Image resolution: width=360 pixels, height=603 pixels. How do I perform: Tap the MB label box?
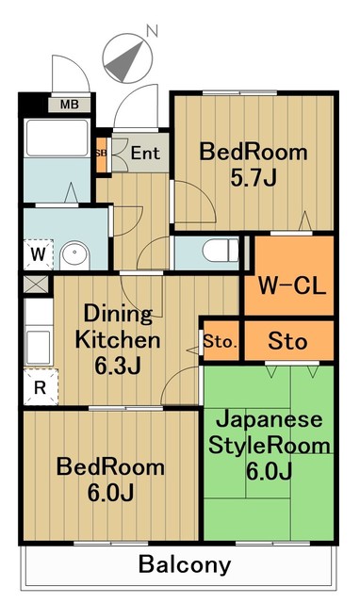click(70, 104)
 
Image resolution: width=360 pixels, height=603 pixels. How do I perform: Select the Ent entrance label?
click(145, 153)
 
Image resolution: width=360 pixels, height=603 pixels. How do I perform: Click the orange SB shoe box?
click(102, 153)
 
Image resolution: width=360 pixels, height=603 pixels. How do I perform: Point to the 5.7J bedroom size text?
click(252, 176)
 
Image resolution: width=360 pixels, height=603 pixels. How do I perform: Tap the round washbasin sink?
click(73, 254)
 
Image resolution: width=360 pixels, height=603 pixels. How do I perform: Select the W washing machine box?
click(38, 253)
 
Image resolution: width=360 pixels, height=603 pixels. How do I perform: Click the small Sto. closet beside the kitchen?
click(220, 341)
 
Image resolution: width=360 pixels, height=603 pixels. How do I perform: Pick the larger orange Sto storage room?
click(287, 341)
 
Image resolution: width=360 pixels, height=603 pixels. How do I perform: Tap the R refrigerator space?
click(39, 386)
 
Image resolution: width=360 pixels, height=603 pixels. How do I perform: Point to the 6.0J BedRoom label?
click(110, 480)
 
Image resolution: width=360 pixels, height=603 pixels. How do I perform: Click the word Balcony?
click(184, 565)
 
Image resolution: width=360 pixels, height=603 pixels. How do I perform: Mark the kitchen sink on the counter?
click(41, 341)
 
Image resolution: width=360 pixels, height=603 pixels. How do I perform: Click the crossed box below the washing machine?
click(37, 283)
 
